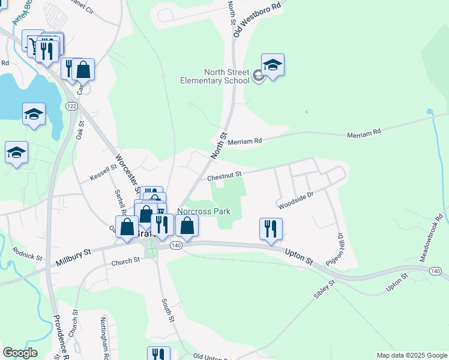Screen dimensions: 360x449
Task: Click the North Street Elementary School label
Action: pyautogui.click(x=217, y=76)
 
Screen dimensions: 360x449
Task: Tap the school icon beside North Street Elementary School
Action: pyautogui.click(x=273, y=65)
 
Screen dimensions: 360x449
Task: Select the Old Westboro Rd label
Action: pyautogui.click(x=258, y=19)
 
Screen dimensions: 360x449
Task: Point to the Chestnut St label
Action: pyautogui.click(x=224, y=176)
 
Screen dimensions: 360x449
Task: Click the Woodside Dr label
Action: pyautogui.click(x=296, y=200)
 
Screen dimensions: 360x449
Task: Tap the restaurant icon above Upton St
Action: pyautogui.click(x=271, y=229)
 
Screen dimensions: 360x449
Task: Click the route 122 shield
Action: pyautogui.click(x=72, y=106)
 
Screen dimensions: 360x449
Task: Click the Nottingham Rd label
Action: pyautogui.click(x=104, y=336)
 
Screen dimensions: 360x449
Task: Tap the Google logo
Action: pyautogui.click(x=20, y=353)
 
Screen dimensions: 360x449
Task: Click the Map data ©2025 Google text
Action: pyautogui.click(x=411, y=355)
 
